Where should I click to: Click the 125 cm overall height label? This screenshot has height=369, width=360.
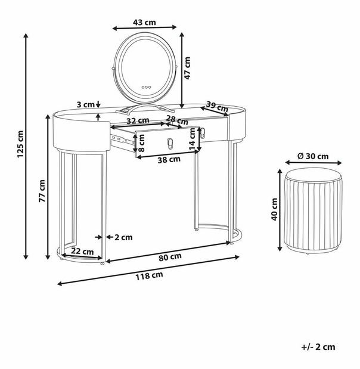coord(20,144)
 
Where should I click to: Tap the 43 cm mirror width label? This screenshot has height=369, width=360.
coord(144,23)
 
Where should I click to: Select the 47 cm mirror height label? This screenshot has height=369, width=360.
coord(187,68)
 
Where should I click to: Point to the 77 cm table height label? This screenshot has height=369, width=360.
coord(42,191)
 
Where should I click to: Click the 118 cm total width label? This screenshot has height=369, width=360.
coord(149,276)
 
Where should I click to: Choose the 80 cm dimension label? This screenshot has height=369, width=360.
coord(170,257)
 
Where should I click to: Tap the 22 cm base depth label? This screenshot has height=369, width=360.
coord(82,252)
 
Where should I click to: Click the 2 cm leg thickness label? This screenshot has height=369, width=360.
coord(123,237)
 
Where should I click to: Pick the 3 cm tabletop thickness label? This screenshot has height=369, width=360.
coord(85,104)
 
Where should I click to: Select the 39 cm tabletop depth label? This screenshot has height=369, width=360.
coord(217,106)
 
